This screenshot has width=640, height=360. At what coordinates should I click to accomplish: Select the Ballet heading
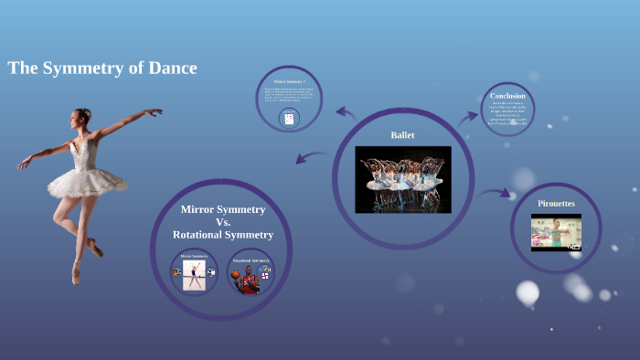pos(402,135)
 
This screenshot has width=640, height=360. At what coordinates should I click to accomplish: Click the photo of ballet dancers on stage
pos(402,178)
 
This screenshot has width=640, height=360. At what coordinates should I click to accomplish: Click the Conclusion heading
pos(507,96)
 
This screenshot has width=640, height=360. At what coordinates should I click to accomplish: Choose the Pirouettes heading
pos(556,203)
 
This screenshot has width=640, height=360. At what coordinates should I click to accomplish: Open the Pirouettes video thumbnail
pos(556,232)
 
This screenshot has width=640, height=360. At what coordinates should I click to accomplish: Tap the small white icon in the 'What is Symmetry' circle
pos(289,119)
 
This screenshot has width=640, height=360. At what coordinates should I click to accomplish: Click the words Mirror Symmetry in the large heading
pos(223,209)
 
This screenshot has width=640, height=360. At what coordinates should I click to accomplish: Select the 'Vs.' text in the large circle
pos(223,222)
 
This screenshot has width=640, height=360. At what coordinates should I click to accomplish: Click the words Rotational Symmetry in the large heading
pos(223,235)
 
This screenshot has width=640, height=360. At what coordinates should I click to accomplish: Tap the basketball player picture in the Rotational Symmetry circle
pos(248,276)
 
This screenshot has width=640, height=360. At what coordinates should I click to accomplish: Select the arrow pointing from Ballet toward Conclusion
pos(467,116)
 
